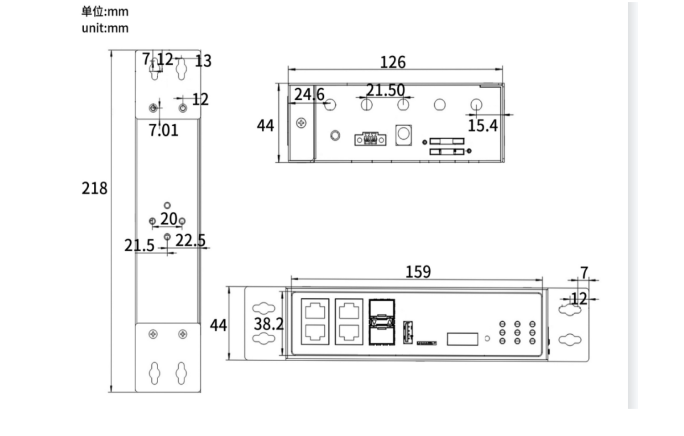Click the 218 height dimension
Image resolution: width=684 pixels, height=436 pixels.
point(94,188)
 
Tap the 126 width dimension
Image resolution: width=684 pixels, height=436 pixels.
point(393,62)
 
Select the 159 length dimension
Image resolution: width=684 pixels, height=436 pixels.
point(418,272)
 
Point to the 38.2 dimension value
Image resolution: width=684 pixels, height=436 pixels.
point(268,325)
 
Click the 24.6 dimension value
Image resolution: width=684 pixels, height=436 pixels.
point(309,94)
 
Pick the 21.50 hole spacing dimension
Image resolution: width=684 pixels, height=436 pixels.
point(385,90)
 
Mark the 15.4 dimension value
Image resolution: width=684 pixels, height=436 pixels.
point(483,126)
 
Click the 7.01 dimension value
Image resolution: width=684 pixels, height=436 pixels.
point(163,130)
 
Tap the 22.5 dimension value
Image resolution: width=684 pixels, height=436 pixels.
point(190,240)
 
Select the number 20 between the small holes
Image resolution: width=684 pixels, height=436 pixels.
point(168,219)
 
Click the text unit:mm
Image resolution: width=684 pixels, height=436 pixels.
point(105,28)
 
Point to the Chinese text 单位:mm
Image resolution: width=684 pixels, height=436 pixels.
point(105,12)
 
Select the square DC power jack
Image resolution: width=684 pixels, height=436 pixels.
point(403,134)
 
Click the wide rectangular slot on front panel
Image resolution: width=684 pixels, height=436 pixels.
point(462,339)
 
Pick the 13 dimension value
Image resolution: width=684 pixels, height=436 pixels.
point(203,61)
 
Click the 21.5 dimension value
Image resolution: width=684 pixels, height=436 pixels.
point(139,246)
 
